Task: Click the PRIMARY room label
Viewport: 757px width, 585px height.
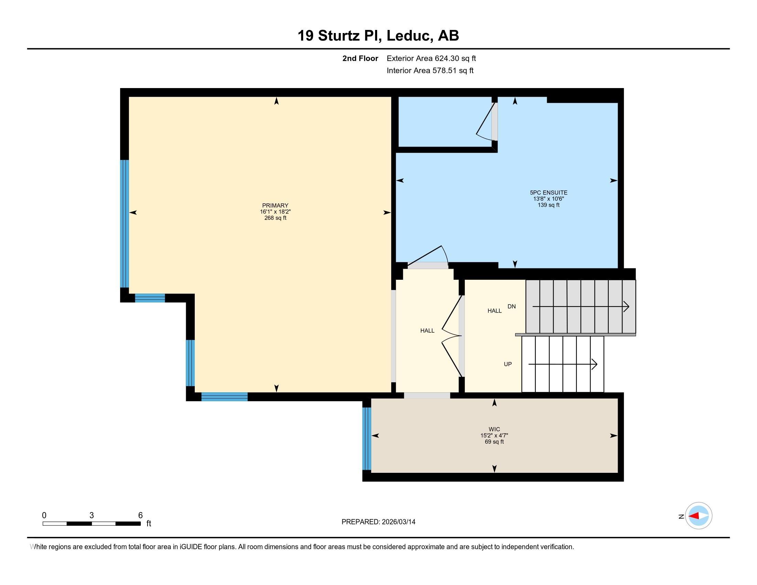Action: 275,205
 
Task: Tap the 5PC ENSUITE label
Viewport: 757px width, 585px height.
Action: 548,193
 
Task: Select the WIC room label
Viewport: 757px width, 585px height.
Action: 494,429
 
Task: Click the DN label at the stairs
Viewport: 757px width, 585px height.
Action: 512,306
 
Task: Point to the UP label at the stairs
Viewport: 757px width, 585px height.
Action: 508,364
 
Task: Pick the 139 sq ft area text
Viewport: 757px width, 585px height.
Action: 548,205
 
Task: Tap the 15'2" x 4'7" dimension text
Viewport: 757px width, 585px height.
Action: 494,436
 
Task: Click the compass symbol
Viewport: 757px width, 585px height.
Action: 699,516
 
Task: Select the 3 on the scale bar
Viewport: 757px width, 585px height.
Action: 92,515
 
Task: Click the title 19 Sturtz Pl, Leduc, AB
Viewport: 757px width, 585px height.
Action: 378,36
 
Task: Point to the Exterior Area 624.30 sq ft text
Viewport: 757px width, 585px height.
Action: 431,58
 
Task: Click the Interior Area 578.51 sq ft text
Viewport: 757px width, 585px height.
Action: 430,71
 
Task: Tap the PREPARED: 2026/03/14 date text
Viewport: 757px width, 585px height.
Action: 378,522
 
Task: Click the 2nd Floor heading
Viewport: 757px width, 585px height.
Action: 360,58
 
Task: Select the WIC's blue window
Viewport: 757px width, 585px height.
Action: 367,439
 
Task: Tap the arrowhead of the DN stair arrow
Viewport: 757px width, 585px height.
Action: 626,307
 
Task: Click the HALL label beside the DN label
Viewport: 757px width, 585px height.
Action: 494,311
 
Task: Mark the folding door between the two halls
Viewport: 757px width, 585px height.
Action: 451,336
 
